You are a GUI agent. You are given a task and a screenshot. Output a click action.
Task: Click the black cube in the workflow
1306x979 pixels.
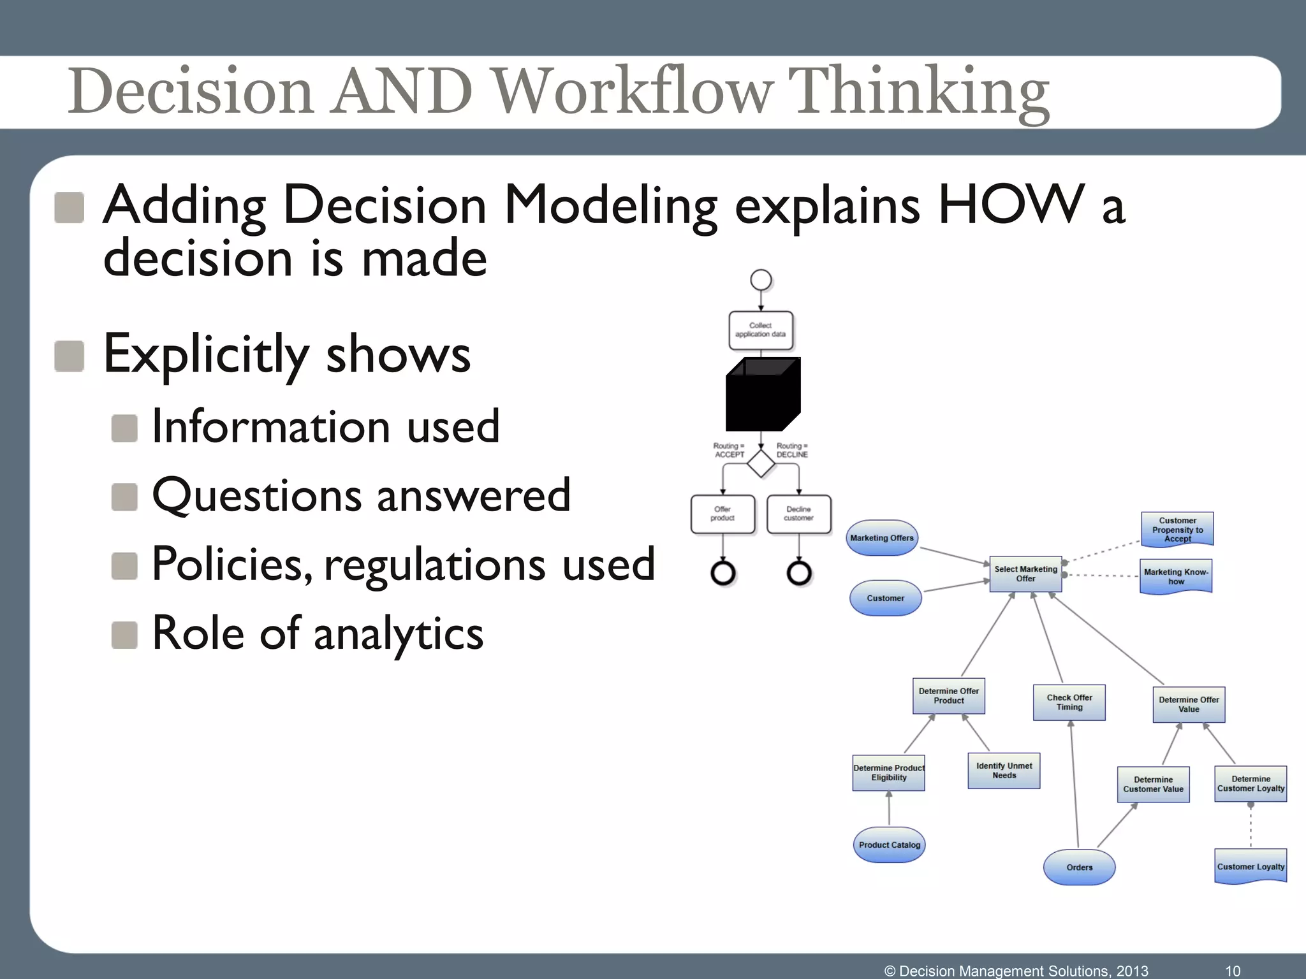point(763,395)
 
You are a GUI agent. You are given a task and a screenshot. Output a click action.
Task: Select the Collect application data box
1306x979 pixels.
point(761,330)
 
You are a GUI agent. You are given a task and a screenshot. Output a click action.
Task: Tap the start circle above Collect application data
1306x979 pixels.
point(761,280)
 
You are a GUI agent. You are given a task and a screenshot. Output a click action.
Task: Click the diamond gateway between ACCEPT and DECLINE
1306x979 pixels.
point(761,463)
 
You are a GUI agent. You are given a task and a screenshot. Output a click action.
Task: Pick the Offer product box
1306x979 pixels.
point(723,514)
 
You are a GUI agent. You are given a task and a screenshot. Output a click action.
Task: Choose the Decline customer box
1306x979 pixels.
point(798,514)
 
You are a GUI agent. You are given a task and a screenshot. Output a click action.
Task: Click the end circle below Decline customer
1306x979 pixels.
point(799,573)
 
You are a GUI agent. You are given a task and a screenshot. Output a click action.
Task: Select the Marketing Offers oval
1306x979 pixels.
point(882,538)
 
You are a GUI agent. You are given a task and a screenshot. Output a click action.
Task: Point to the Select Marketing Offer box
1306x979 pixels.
point(1025,574)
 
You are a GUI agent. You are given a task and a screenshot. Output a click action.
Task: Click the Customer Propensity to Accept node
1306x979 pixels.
point(1177,529)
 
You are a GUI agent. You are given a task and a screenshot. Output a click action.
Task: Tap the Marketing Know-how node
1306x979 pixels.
point(1176,576)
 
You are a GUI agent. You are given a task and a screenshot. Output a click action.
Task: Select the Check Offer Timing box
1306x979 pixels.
point(1069,702)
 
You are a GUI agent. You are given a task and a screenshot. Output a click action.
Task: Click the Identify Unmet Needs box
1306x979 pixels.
point(1004,771)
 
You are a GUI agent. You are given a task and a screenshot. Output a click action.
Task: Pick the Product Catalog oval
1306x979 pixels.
point(889,845)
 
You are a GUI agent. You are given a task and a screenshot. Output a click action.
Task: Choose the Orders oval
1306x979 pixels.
point(1079,867)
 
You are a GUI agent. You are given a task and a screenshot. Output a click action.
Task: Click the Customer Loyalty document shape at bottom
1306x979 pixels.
point(1251,866)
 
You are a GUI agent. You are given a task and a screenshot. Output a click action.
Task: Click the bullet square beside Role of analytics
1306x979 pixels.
point(124,635)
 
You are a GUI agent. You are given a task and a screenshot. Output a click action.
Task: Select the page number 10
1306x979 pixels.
point(1233,971)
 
